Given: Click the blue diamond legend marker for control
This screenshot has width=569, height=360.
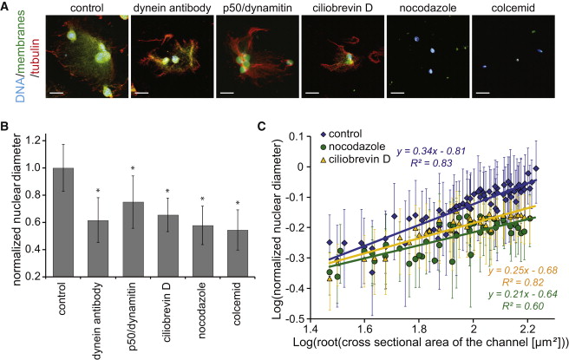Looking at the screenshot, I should pyautogui.click(x=324, y=134).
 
